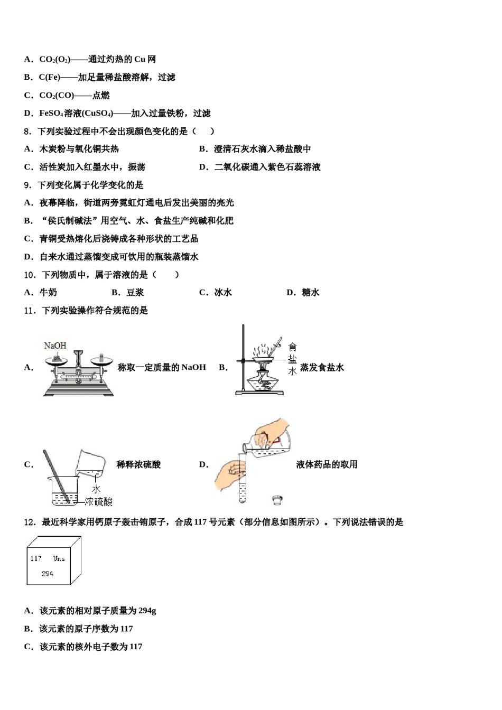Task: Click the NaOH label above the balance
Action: click(x=55, y=345)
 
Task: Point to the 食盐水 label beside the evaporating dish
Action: click(x=292, y=359)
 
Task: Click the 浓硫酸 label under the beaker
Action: click(x=98, y=501)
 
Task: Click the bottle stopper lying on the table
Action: click(x=276, y=499)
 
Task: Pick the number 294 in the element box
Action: click(x=47, y=573)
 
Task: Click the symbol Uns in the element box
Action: click(x=59, y=558)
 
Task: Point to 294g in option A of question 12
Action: click(x=147, y=611)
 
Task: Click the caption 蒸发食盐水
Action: click(x=322, y=368)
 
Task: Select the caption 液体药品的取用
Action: click(x=327, y=464)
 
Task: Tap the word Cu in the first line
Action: click(x=140, y=59)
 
